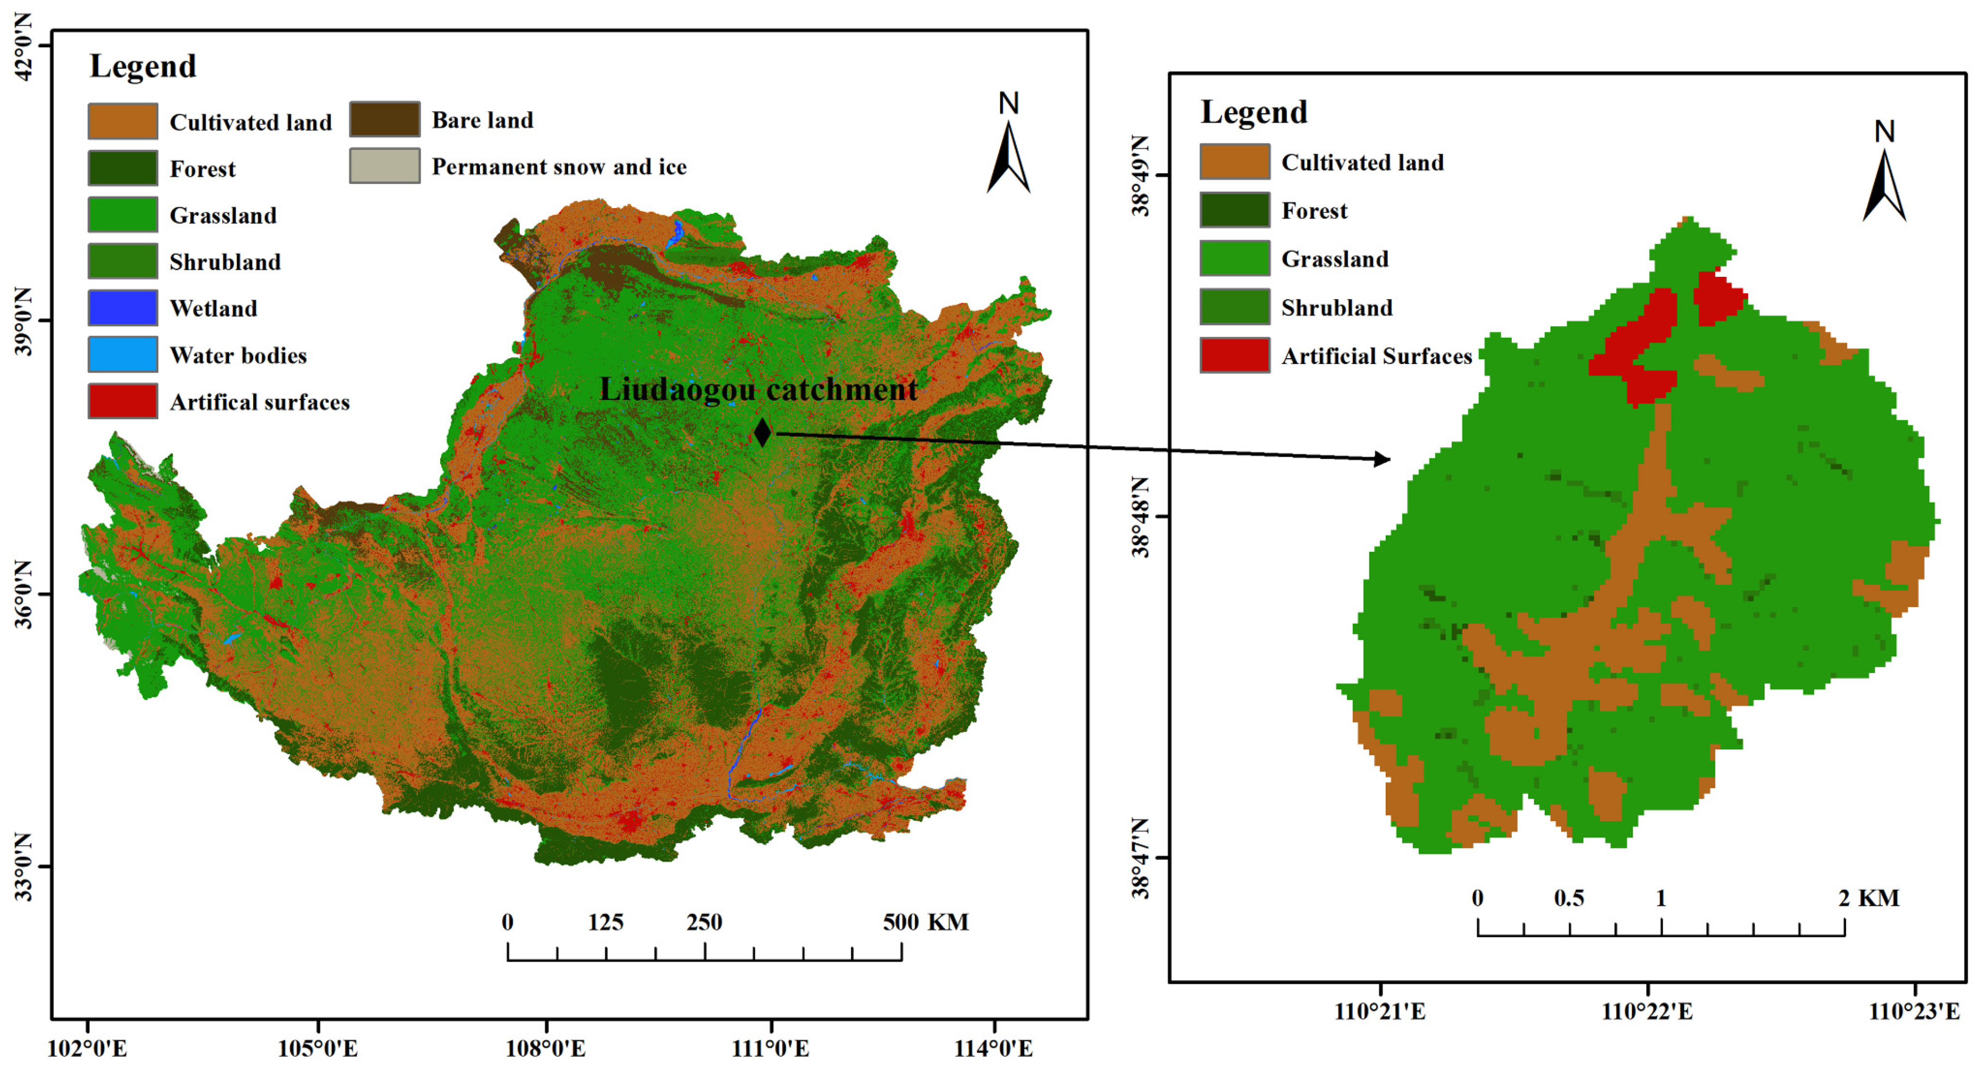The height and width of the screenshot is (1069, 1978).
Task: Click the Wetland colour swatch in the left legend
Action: (123, 308)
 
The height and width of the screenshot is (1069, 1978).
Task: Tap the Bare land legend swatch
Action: (385, 120)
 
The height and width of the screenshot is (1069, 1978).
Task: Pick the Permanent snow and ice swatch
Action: (385, 166)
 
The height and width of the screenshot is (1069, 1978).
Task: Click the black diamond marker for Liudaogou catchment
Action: (762, 433)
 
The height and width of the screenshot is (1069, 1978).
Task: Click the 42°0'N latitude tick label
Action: (24, 46)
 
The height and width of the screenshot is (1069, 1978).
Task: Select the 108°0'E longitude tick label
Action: (545, 1048)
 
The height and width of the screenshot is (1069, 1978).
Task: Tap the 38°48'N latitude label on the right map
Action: (1141, 516)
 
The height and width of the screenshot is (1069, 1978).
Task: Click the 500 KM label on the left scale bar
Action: (925, 921)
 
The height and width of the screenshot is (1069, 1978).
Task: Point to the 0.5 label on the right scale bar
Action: (1569, 898)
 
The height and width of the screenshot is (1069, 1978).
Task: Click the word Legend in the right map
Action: (1253, 112)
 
